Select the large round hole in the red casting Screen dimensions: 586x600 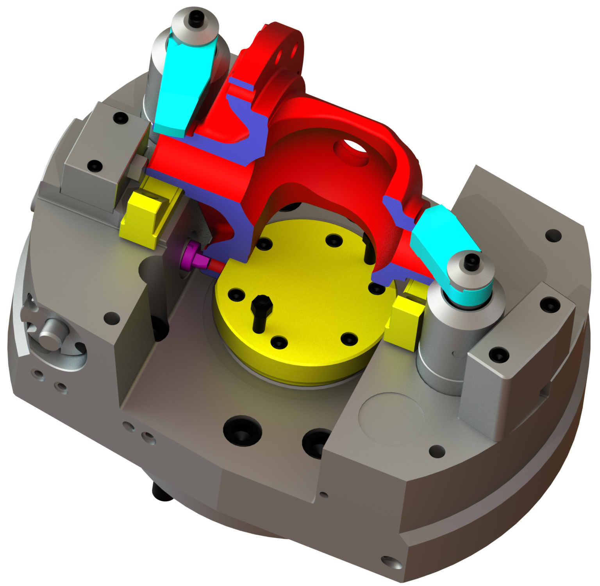(x=352, y=150)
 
